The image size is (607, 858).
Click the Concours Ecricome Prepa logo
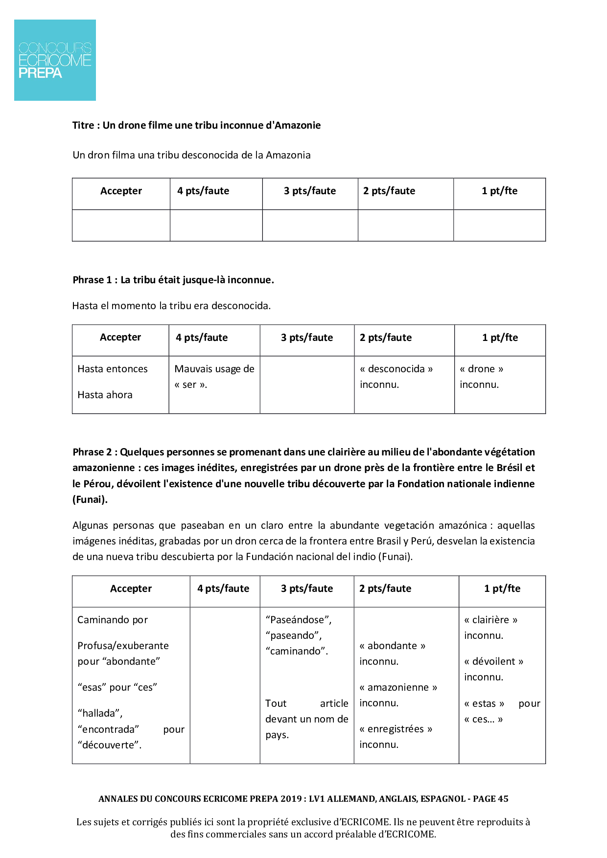pos(55,60)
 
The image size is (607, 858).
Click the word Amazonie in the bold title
pos(298,125)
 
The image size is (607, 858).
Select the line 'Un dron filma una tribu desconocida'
pos(191,155)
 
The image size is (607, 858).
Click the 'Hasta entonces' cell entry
pos(113,369)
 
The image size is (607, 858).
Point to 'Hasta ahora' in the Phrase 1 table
pos(105,395)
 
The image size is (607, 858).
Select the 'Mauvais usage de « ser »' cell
pos(214,377)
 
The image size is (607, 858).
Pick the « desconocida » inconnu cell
pos(396,377)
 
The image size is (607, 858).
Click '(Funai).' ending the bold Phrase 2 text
pos(90,499)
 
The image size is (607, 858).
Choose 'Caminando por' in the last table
pos(113,620)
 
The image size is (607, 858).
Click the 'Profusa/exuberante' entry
pos(123,646)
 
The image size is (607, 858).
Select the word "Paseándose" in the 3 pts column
pos(298,620)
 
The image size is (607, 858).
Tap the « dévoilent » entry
pos(493,661)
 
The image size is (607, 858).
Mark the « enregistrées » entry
pos(396,729)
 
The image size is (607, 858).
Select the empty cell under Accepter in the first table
pos(121,226)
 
